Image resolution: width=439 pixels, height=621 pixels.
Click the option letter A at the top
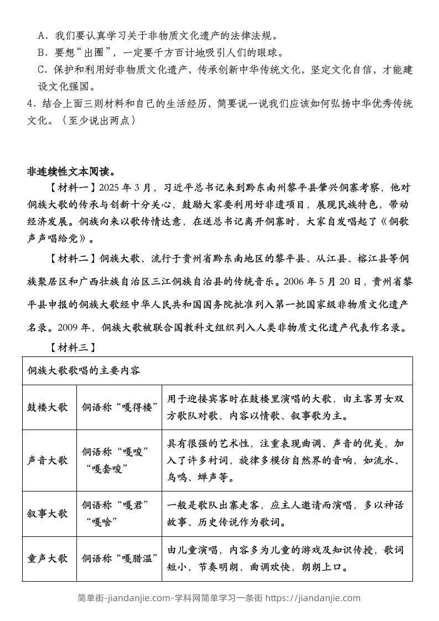pyautogui.click(x=41, y=36)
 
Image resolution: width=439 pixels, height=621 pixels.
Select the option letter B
pyautogui.click(x=41, y=53)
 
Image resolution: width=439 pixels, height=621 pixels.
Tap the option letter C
pyautogui.click(x=41, y=70)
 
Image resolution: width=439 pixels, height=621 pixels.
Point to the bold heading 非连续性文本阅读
pyautogui.click(x=71, y=170)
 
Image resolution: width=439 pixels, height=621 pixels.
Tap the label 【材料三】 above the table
pyautogui.click(x=73, y=347)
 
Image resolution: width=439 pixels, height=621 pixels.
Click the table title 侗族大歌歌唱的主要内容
pyautogui.click(x=84, y=370)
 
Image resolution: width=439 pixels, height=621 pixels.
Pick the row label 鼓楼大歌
pyautogui.click(x=48, y=407)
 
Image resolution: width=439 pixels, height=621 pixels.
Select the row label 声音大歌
pyautogui.click(x=48, y=460)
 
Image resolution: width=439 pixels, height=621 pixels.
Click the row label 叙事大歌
pyautogui.click(x=48, y=513)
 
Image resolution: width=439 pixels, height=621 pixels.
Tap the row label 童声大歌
pyautogui.click(x=48, y=558)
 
